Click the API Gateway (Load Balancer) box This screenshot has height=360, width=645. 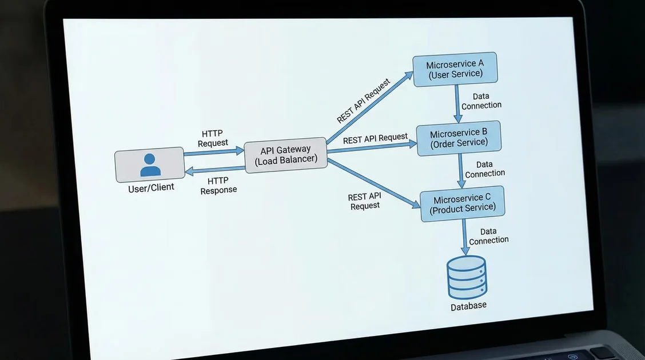coord(285,154)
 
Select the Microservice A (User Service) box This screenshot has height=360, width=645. coord(455,69)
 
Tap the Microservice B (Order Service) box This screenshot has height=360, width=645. coord(459,138)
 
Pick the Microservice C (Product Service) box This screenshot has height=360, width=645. coord(463,203)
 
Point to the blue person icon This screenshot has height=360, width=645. coord(150,165)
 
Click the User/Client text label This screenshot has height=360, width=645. coord(151,187)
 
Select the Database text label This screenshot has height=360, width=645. coord(468,306)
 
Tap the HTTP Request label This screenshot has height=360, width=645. coord(213,138)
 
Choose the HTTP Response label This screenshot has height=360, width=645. coord(218,185)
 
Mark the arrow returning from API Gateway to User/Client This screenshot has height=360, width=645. coord(214,170)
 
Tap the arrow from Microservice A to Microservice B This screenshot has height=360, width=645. coord(457,103)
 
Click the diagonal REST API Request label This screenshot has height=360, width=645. coord(364,101)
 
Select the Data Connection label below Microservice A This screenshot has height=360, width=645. coord(481,101)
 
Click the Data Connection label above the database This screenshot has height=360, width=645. coord(488,236)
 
